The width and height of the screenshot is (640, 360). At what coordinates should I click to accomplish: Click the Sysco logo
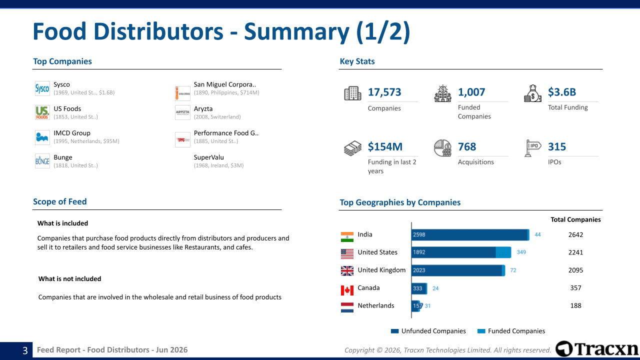pyautogui.click(x=42, y=88)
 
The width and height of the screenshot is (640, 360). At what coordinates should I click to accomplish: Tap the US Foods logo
pyautogui.click(x=42, y=112)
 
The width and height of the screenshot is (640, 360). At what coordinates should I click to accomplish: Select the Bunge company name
pyautogui.click(x=63, y=157)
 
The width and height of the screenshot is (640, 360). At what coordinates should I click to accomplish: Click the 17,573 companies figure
pyautogui.click(x=384, y=92)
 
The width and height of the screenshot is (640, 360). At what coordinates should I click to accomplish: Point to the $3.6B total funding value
pyautogui.click(x=561, y=92)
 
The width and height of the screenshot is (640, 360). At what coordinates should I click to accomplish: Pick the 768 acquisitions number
pyautogui.click(x=467, y=146)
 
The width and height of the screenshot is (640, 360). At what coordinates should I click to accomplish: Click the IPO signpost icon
pyautogui.click(x=532, y=148)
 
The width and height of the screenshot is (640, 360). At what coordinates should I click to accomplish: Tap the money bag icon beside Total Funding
pyautogui.click(x=532, y=93)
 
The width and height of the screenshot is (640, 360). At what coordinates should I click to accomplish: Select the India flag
pyautogui.click(x=347, y=237)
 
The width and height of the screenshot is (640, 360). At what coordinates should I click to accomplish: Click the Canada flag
pyautogui.click(x=347, y=290)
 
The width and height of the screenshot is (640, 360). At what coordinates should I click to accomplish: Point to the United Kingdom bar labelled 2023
pyautogui.click(x=456, y=270)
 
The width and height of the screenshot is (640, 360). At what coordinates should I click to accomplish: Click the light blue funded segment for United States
pyautogui.click(x=503, y=252)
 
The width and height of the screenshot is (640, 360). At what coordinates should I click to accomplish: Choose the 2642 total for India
pyautogui.click(x=575, y=234)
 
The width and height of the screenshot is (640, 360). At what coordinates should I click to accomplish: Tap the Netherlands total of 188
pyautogui.click(x=575, y=305)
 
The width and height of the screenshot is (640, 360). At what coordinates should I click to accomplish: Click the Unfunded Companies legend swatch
pyautogui.click(x=394, y=331)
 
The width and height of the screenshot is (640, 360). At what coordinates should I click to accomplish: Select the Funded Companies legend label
pyautogui.click(x=516, y=331)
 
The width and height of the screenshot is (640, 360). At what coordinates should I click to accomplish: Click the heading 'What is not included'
pyautogui.click(x=69, y=279)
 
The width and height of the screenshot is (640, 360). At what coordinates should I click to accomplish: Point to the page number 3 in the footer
pyautogui.click(x=25, y=350)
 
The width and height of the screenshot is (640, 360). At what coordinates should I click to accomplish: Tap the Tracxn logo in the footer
pyautogui.click(x=597, y=349)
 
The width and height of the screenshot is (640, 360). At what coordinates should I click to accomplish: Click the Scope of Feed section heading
pyautogui.click(x=59, y=201)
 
